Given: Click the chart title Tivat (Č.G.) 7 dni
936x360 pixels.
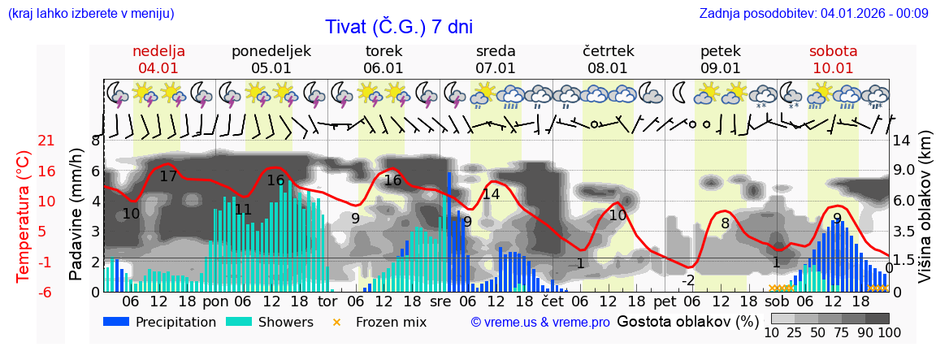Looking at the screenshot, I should click(x=399, y=27).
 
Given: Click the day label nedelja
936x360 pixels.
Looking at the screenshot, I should click(x=159, y=51).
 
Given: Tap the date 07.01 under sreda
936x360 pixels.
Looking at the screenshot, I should click(x=496, y=68).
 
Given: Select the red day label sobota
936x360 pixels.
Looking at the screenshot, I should click(x=833, y=51).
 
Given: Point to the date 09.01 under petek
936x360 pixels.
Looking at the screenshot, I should click(x=721, y=68).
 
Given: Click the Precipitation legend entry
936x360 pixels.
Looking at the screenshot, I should click(x=160, y=322).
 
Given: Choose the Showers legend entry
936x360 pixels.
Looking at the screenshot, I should click(x=269, y=322).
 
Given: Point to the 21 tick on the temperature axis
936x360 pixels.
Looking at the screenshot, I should click(x=24, y=141).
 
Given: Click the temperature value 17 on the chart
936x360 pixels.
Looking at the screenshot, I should click(x=168, y=176).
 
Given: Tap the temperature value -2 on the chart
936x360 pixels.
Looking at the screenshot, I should click(x=687, y=280).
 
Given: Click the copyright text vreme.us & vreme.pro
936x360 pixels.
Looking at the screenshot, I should click(x=540, y=322).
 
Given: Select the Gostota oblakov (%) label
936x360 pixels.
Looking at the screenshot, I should click(x=687, y=321).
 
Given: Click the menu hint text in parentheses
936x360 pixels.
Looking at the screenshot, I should click(x=91, y=13).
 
